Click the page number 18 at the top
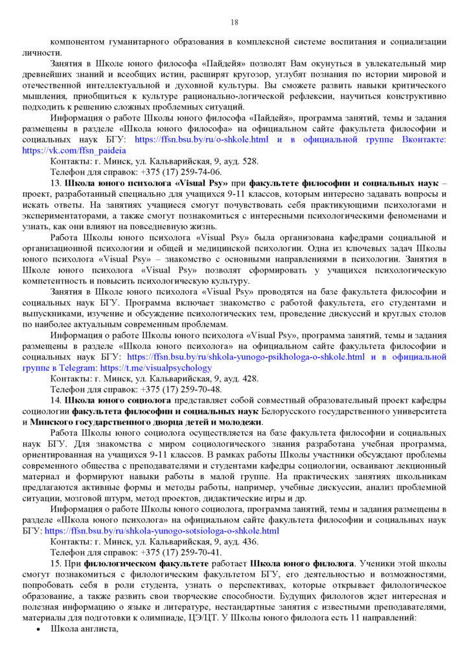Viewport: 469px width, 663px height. point(234,23)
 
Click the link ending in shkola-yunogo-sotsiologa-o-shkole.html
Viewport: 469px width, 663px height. point(161,531)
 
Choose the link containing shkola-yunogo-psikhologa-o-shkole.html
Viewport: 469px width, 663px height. point(246,357)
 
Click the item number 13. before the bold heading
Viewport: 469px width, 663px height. point(56,183)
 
